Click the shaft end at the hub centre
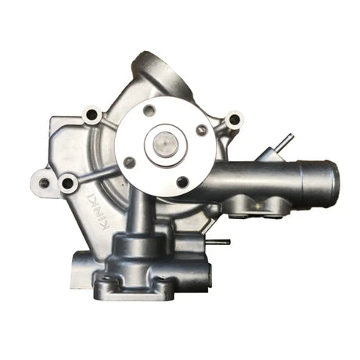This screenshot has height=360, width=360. click(165, 144)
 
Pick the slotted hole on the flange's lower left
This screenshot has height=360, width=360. click(130, 163)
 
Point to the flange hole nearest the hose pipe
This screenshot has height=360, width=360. click(202, 130)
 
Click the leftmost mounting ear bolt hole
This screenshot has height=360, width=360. click(45, 183)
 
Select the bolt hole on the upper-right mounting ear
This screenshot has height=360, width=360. click(232, 121)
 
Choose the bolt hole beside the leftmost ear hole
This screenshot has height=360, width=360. click(68, 184)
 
